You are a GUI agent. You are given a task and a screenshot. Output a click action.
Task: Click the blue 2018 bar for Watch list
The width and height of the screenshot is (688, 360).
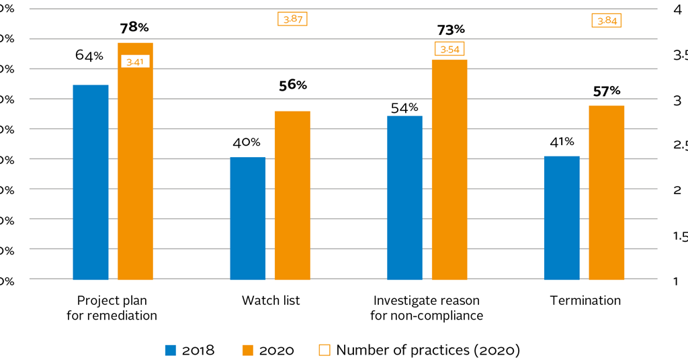(247, 218)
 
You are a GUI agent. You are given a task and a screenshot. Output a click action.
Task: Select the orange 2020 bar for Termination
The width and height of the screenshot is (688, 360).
(606, 192)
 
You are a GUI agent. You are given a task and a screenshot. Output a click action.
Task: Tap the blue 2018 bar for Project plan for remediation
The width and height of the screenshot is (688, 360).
(91, 182)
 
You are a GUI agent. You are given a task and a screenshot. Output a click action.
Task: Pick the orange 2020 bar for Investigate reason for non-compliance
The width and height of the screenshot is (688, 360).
(449, 169)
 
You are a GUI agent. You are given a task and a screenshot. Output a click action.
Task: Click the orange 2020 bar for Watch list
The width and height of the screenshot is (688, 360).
(292, 195)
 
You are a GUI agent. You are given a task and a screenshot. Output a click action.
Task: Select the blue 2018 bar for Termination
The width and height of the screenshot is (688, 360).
(562, 218)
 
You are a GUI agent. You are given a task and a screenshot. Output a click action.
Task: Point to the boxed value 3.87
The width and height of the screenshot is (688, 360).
(292, 19)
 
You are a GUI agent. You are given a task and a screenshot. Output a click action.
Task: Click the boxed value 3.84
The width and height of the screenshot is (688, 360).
(606, 21)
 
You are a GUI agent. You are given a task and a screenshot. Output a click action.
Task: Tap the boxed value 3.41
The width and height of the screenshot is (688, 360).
(135, 62)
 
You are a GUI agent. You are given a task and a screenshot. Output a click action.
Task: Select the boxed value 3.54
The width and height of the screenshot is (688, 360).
(449, 49)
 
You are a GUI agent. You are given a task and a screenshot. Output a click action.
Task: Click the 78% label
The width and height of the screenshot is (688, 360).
(134, 28)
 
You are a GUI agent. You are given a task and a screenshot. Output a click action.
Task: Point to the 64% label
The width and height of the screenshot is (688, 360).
(89, 56)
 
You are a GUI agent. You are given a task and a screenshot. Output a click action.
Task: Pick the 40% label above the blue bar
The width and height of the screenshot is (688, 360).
(247, 142)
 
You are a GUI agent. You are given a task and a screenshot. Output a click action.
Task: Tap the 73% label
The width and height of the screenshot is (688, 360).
(449, 30)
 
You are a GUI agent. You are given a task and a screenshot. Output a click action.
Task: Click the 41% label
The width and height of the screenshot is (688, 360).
(561, 142)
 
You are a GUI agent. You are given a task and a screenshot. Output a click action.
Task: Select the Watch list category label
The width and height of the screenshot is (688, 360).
(271, 300)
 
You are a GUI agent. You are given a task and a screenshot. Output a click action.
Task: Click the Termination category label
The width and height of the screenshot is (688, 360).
(585, 300)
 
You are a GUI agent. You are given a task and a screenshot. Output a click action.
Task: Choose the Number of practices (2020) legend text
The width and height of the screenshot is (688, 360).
(428, 350)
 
